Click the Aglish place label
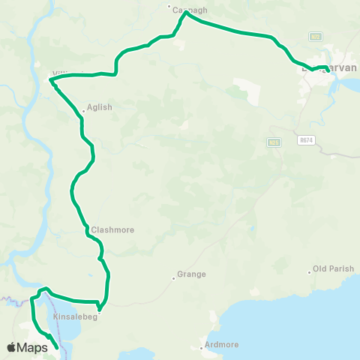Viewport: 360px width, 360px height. coord(100,107)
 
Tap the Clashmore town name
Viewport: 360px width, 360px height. coord(112,230)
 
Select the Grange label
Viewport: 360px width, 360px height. coord(191,274)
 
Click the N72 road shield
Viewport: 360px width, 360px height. coord(315,36)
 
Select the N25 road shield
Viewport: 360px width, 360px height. coord(273,142)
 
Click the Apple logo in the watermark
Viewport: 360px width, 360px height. coord(11,347)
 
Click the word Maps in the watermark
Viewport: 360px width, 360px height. coord(33,347)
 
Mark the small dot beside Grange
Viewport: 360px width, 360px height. coord(173,278)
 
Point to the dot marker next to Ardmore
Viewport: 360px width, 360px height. coord(202,348)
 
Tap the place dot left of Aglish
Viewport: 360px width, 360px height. coord(84,112)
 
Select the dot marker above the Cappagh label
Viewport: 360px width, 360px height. coord(169,5)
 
